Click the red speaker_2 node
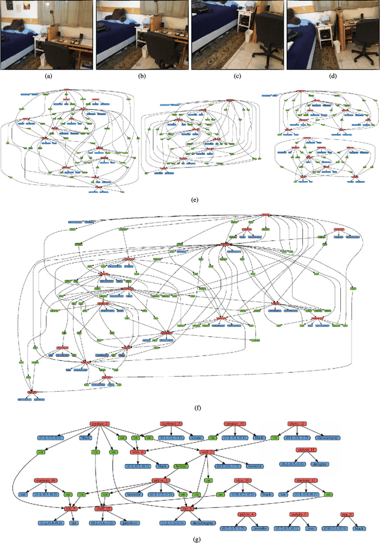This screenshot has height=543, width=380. coord(100,424)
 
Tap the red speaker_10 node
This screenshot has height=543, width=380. coord(235,424)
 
